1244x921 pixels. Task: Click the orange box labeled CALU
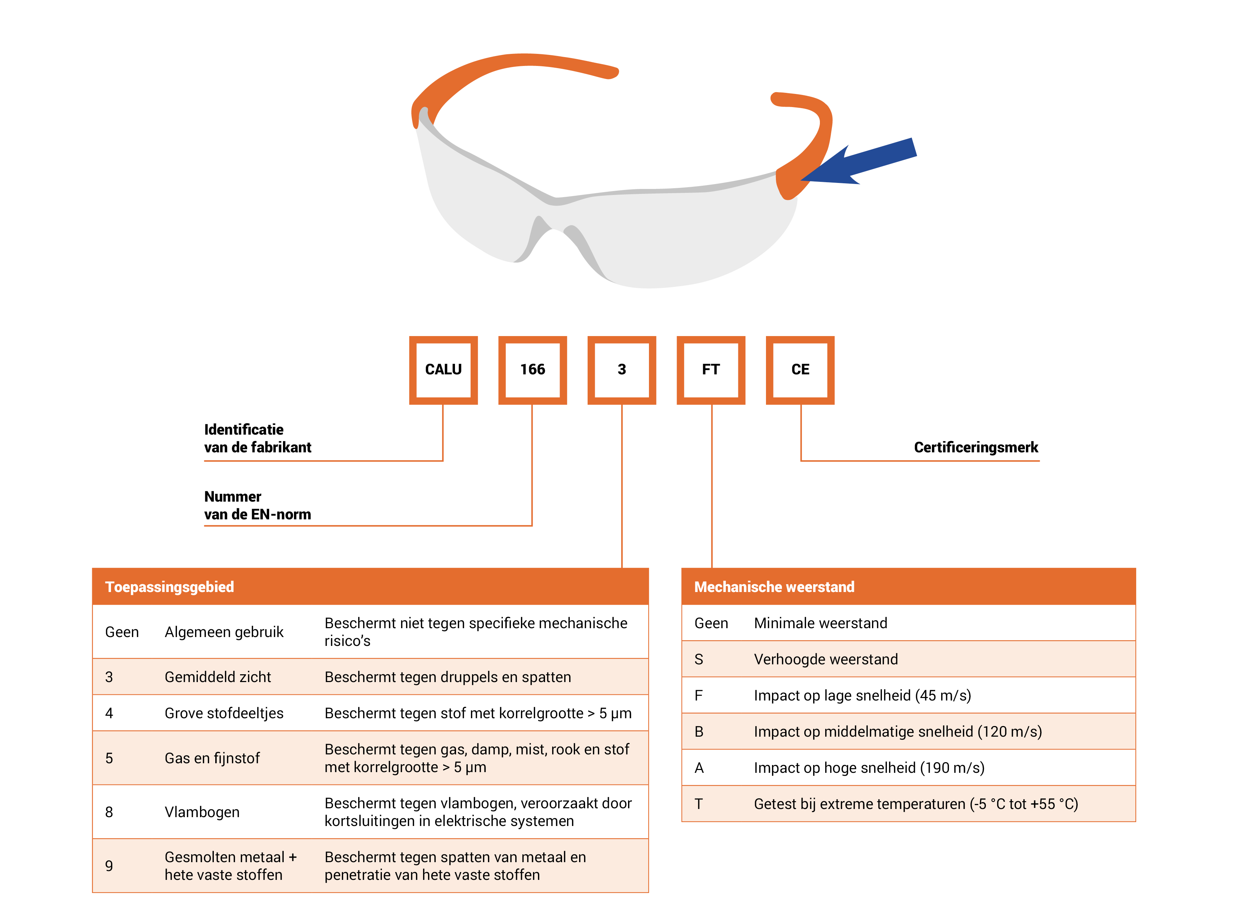pyautogui.click(x=443, y=370)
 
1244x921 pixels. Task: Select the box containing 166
pyautogui.click(x=533, y=370)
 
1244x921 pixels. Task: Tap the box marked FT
pyautogui.click(x=711, y=370)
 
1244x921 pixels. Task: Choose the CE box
pyautogui.click(x=800, y=370)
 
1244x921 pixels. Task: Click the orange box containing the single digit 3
pyautogui.click(x=622, y=370)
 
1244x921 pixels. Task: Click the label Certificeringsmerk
pyautogui.click(x=976, y=447)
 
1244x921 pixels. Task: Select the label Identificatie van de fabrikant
pyautogui.click(x=257, y=438)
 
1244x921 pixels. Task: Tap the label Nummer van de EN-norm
pyautogui.click(x=257, y=505)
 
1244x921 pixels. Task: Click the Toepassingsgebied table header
pyautogui.click(x=170, y=586)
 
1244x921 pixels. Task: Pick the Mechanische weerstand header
pyautogui.click(x=774, y=586)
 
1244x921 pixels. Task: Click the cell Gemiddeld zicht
pyautogui.click(x=217, y=677)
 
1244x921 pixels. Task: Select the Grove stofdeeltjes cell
pyautogui.click(x=224, y=713)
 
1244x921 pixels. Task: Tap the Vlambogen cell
pyautogui.click(x=202, y=812)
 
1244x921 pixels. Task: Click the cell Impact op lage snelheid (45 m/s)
pyautogui.click(x=862, y=695)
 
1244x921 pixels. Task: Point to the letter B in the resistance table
pyautogui.click(x=699, y=731)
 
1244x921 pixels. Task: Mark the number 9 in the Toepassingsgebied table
pyautogui.click(x=109, y=866)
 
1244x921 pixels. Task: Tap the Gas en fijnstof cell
pyautogui.click(x=212, y=758)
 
